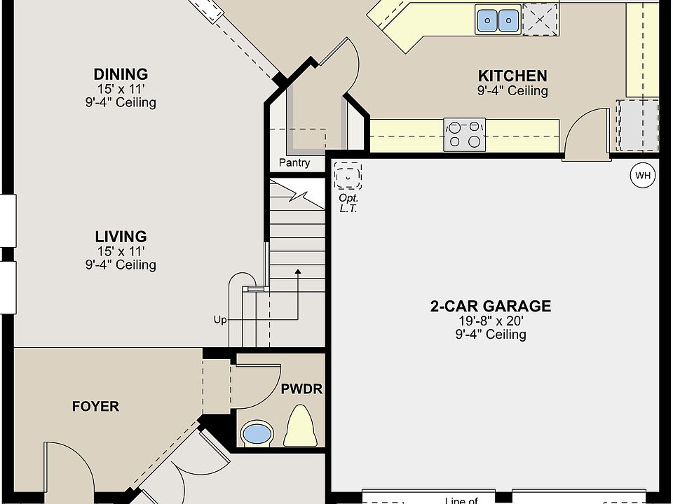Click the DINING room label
coord(121,74)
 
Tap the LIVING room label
coord(121,237)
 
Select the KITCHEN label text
coord(512,76)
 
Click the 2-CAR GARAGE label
coord(491,306)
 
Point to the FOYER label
coord(95,406)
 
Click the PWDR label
coord(301,389)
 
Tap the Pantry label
coord(294,163)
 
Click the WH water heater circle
coord(643,175)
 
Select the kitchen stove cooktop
coord(464,134)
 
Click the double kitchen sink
coord(498,20)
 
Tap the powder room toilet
coord(301,426)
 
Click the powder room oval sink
coord(257,433)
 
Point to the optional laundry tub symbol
coord(348,176)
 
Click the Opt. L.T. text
coord(348,203)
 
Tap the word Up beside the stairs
coord(220,320)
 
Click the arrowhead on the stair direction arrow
coord(298,272)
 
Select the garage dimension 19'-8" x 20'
coord(491,321)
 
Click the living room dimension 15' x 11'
coord(121,251)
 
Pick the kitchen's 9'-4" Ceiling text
coord(512,91)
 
